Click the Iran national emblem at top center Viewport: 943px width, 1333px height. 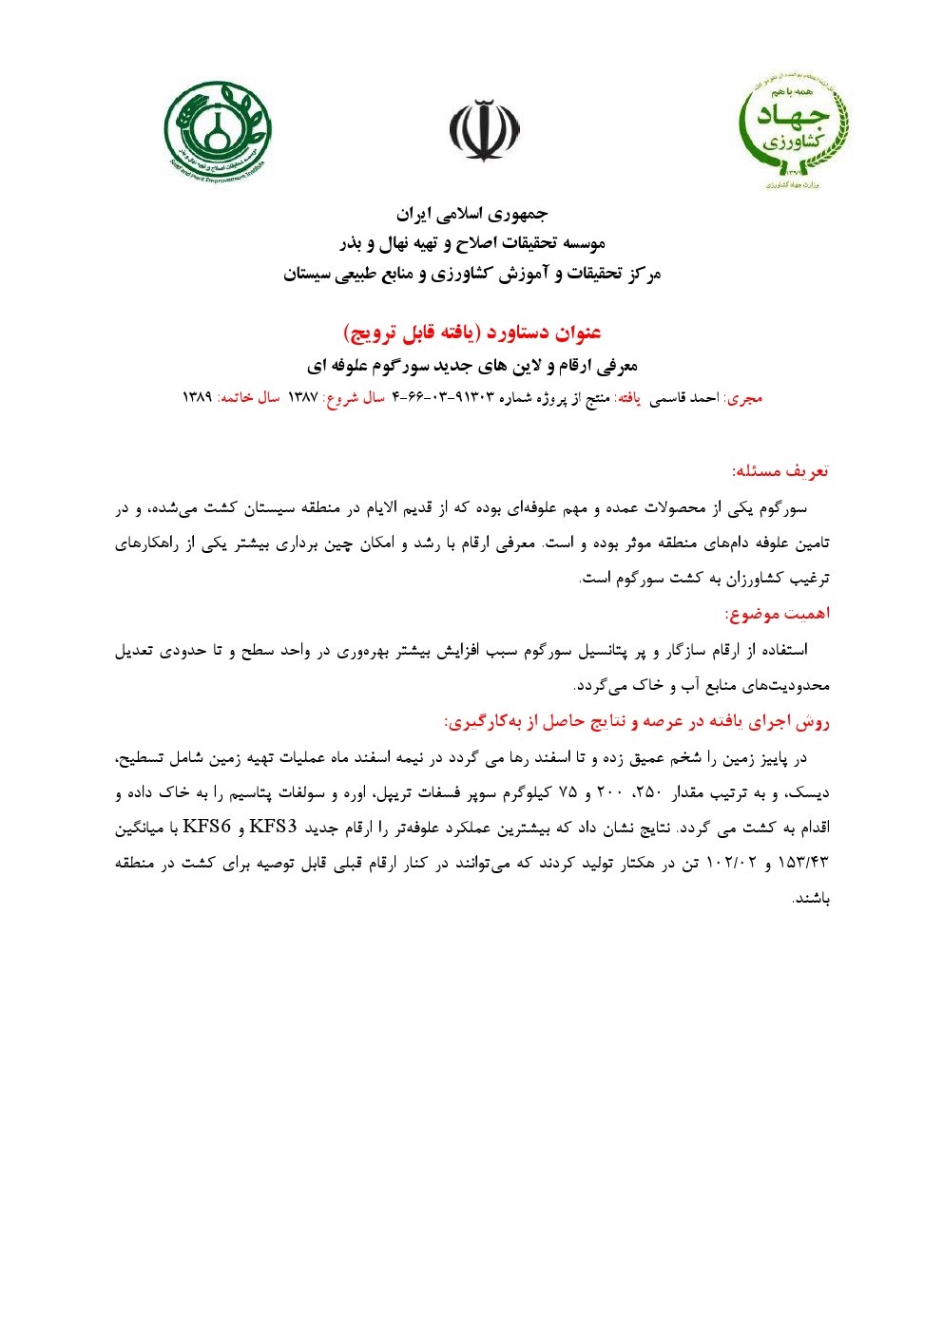point(485,130)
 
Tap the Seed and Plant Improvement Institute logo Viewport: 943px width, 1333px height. point(218,130)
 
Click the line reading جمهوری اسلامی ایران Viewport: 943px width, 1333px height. point(472,214)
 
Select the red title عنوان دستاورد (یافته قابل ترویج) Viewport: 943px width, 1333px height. point(472,333)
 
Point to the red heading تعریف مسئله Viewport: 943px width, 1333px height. point(780,471)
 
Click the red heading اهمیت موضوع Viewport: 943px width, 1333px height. point(778,614)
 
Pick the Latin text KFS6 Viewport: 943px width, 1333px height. point(207,825)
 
